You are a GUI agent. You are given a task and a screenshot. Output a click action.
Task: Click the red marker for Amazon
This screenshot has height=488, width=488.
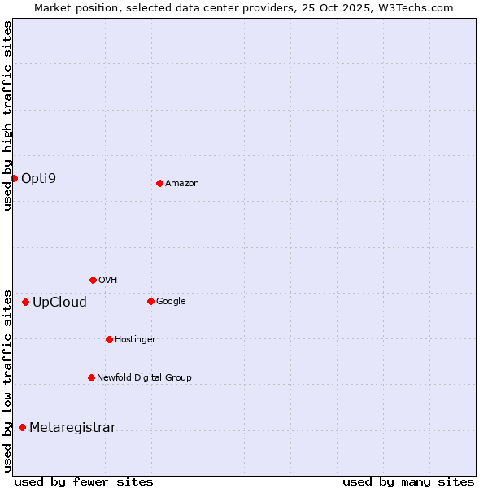tap(159, 183)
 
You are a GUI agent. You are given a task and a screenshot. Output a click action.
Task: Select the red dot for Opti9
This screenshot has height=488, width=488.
tap(14, 178)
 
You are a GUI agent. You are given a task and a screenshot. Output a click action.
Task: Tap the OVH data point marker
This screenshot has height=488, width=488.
tap(93, 280)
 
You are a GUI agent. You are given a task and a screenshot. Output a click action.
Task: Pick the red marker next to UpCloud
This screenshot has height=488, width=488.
tap(25, 302)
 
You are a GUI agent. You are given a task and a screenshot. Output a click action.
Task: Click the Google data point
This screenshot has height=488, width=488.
tap(150, 301)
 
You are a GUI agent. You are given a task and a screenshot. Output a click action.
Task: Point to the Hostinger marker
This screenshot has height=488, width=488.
tap(109, 339)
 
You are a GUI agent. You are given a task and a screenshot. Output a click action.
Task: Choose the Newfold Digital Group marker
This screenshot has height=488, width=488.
tap(91, 377)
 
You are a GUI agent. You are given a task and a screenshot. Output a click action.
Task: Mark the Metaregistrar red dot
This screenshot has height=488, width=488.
tap(22, 427)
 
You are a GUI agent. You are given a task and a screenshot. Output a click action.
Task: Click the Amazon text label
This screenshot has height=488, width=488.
tap(182, 184)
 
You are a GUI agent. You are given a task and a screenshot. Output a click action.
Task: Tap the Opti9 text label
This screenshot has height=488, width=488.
tap(39, 178)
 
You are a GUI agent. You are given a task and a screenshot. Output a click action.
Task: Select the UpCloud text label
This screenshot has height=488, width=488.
tap(59, 303)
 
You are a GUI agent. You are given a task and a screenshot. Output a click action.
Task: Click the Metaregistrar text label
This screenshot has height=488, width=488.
tap(72, 428)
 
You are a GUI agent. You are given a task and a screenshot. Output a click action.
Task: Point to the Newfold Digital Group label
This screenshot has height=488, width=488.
tap(144, 377)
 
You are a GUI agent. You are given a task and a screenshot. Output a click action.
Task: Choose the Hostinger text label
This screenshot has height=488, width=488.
tap(135, 339)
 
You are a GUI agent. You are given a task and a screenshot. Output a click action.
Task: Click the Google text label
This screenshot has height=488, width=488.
tap(171, 301)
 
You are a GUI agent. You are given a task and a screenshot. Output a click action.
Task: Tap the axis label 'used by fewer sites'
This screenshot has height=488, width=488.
tap(84, 481)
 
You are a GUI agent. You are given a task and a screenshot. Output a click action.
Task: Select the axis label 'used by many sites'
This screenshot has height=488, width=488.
tap(408, 481)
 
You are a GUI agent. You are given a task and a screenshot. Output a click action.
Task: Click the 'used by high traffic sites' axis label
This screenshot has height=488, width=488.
tap(7, 115)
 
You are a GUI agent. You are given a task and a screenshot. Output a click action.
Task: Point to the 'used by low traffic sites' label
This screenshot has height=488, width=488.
tap(7, 381)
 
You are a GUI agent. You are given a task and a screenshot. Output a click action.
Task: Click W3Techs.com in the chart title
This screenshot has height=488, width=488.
tap(416, 7)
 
